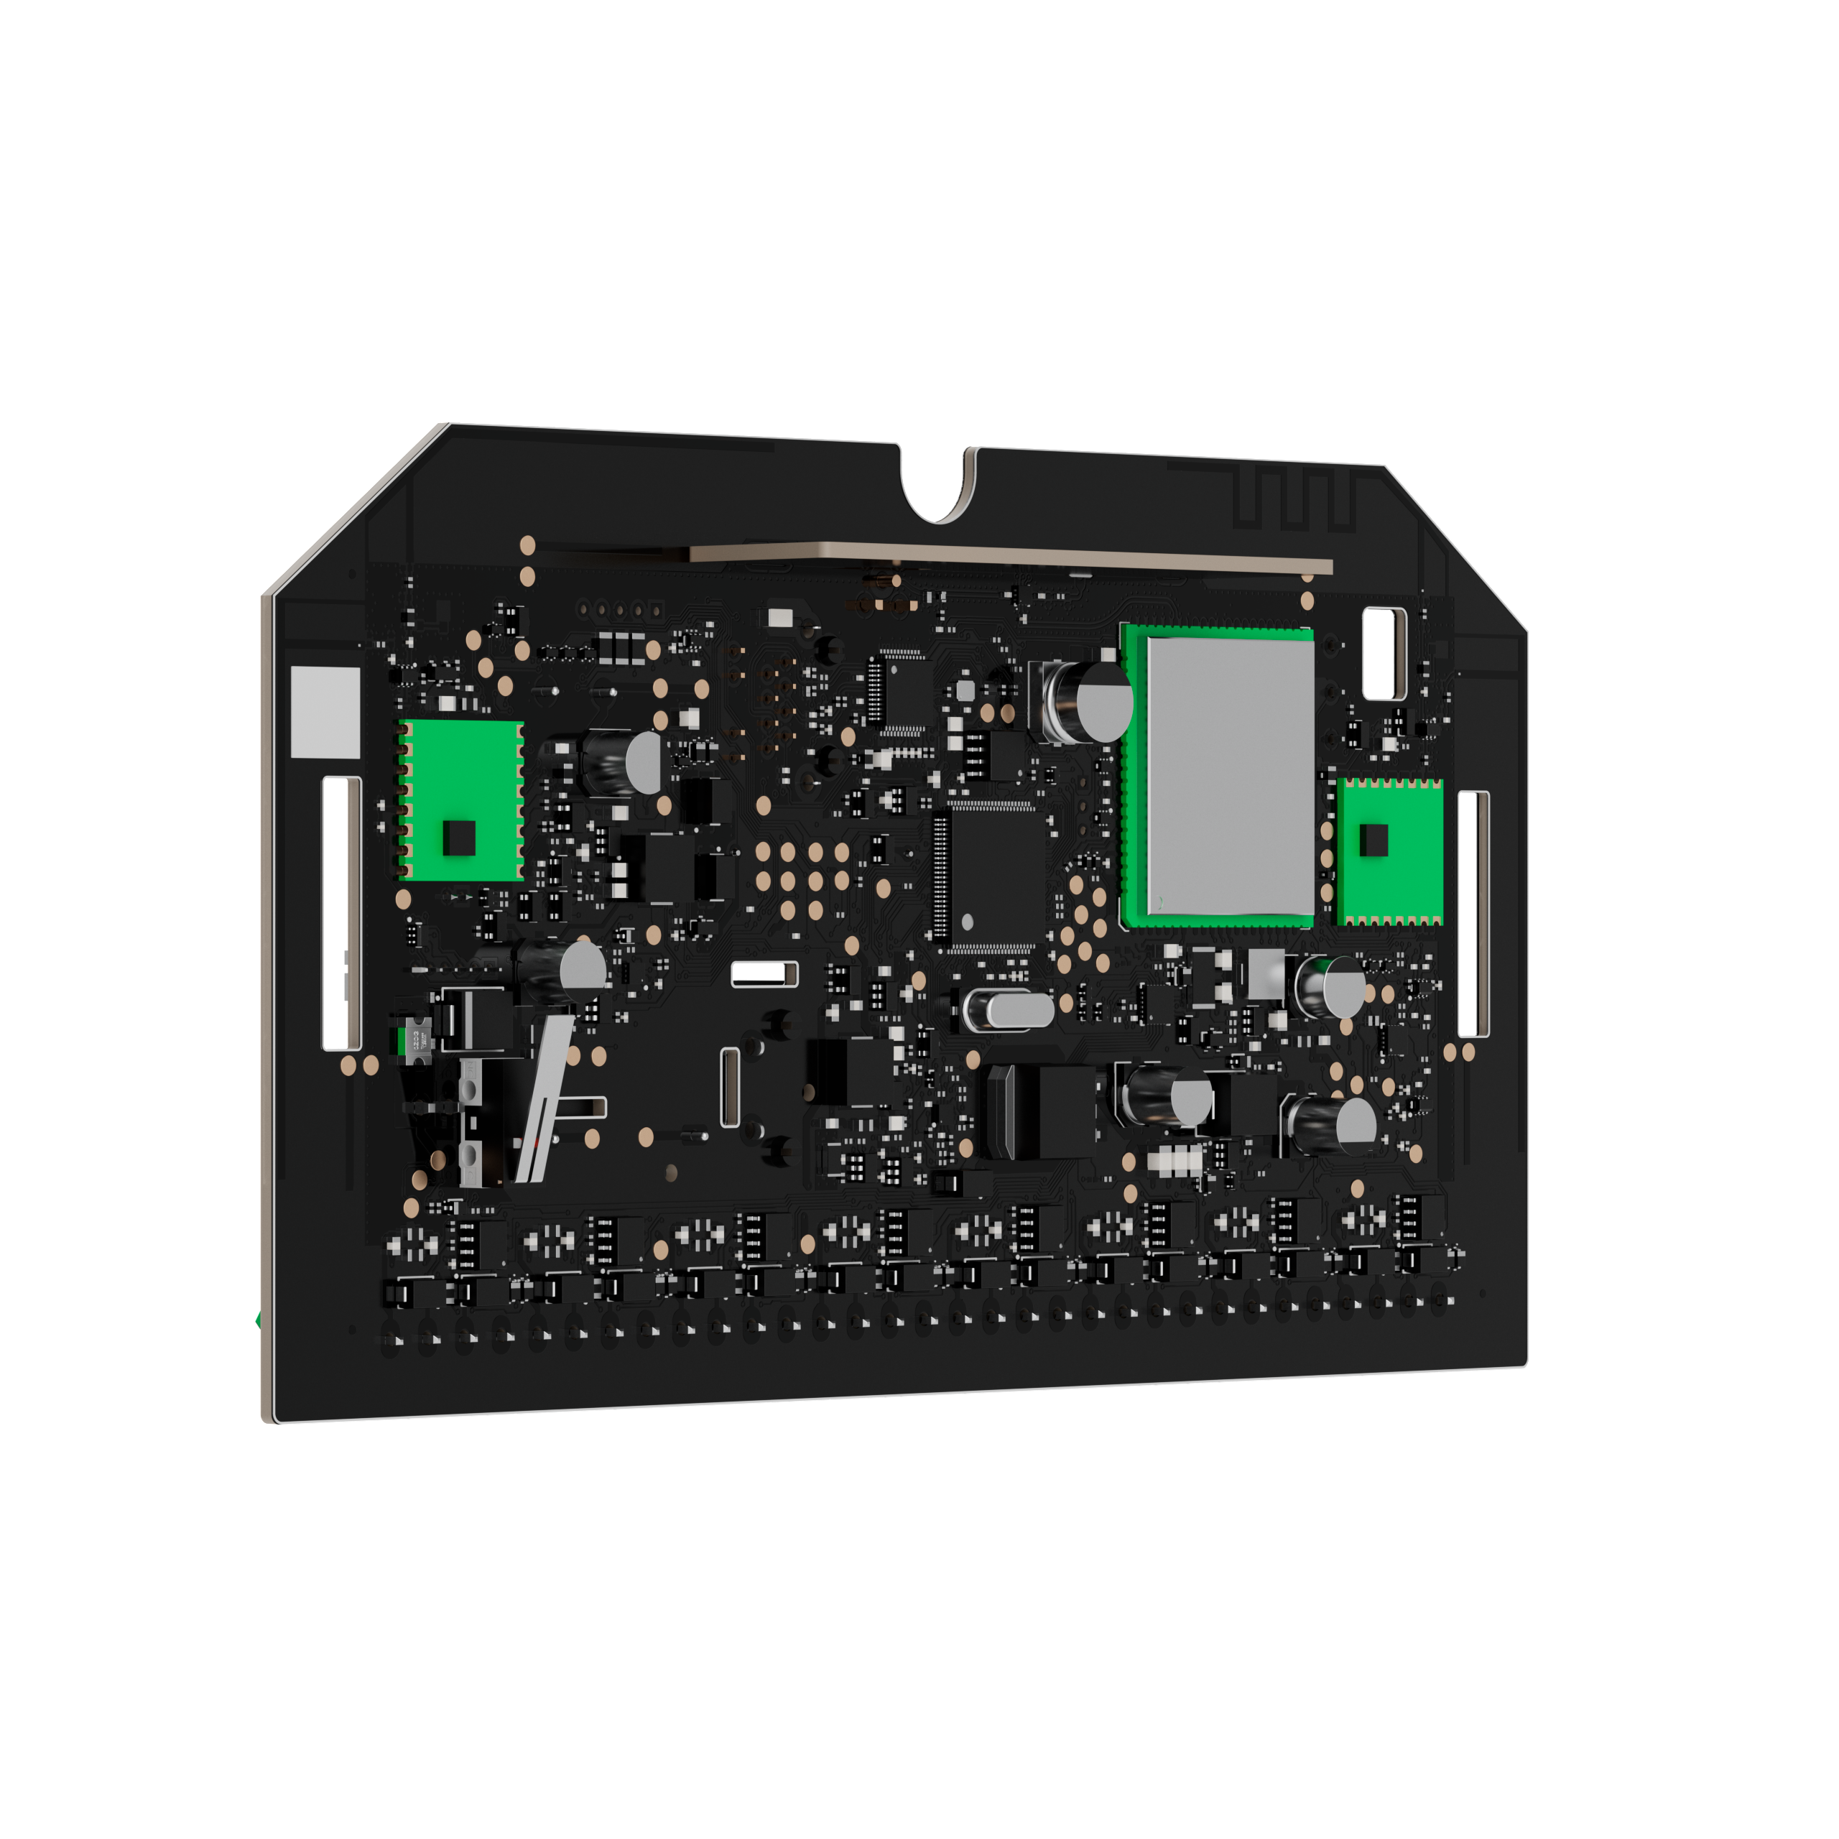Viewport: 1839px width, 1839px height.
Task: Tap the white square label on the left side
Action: [325, 711]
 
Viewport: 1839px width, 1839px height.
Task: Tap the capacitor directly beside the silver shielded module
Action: [1090, 702]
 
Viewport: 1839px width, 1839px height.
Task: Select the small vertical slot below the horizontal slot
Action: [730, 1086]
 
